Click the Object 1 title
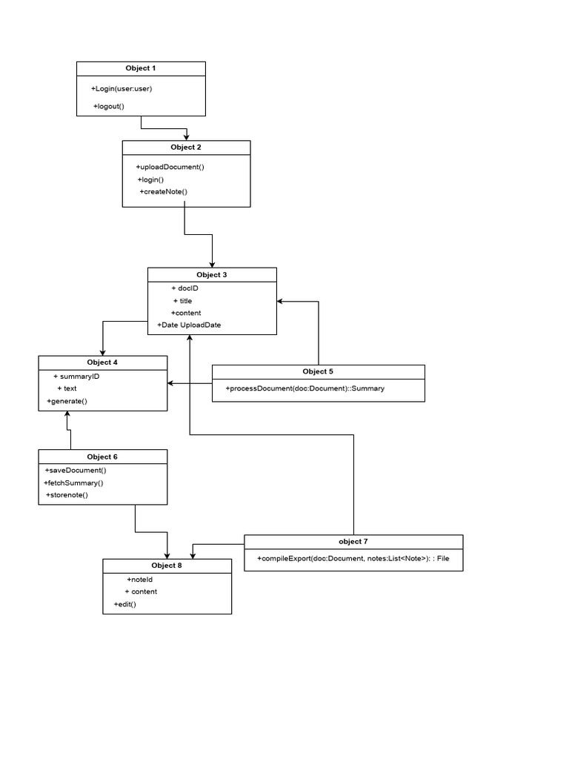click(x=141, y=68)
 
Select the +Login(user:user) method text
click(x=122, y=89)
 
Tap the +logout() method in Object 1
click(x=109, y=107)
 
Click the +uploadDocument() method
click(x=170, y=167)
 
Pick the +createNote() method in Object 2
click(x=164, y=192)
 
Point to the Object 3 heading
click(x=212, y=275)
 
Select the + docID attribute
click(x=184, y=288)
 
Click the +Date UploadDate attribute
click(x=189, y=325)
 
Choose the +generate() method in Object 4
click(x=67, y=401)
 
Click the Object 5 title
click(x=319, y=371)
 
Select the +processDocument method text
click(x=305, y=388)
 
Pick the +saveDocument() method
click(x=76, y=470)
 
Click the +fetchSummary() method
click(x=73, y=483)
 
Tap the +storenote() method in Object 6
click(x=67, y=494)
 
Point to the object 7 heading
click(x=353, y=542)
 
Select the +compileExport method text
click(x=353, y=558)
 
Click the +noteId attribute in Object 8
click(x=139, y=579)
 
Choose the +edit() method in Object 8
click(x=124, y=604)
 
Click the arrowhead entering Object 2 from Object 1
click(x=187, y=136)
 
